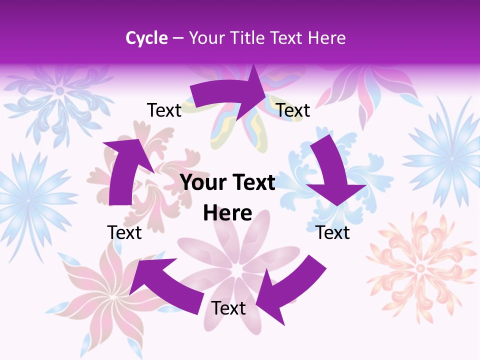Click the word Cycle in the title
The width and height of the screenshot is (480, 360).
click(x=146, y=38)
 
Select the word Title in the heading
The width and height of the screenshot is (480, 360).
click(x=249, y=38)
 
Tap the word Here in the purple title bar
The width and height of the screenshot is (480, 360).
click(x=327, y=38)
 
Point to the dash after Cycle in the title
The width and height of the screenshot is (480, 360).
click(x=177, y=38)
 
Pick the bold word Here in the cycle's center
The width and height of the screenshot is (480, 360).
click(x=227, y=213)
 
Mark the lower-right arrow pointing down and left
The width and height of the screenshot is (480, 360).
click(x=290, y=285)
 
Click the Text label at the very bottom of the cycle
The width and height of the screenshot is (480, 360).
click(x=228, y=308)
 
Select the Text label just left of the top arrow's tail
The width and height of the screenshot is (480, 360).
click(x=164, y=110)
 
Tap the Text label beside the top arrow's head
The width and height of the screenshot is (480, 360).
click(x=293, y=110)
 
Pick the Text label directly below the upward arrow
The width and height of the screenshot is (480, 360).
click(x=124, y=232)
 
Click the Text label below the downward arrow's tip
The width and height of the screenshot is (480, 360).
click(x=332, y=232)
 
